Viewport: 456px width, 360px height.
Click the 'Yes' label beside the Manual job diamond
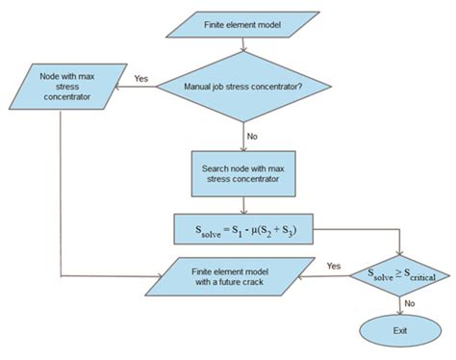(x=140, y=78)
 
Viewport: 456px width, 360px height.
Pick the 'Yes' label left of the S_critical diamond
(x=334, y=266)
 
